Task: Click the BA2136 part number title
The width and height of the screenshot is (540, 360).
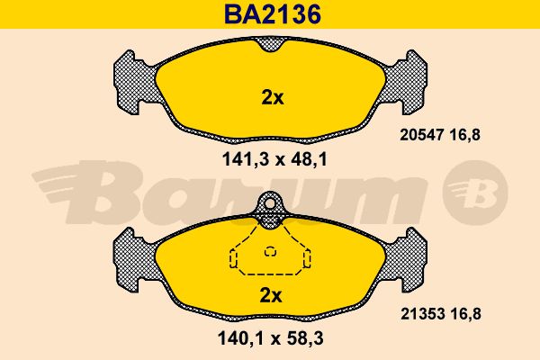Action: [x=273, y=14]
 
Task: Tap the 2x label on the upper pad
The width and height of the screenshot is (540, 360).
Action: [x=273, y=98]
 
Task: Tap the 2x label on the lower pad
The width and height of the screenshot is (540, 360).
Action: [x=271, y=295]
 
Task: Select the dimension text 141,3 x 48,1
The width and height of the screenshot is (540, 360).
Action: [x=274, y=159]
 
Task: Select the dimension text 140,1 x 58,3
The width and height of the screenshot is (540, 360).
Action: [x=271, y=338]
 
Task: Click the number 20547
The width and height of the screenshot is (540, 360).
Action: [x=421, y=135]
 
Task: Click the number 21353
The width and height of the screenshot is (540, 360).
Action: [x=422, y=314]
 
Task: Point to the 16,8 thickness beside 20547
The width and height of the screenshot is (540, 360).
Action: [x=464, y=135]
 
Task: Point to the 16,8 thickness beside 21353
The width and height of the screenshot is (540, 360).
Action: [x=465, y=314]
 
